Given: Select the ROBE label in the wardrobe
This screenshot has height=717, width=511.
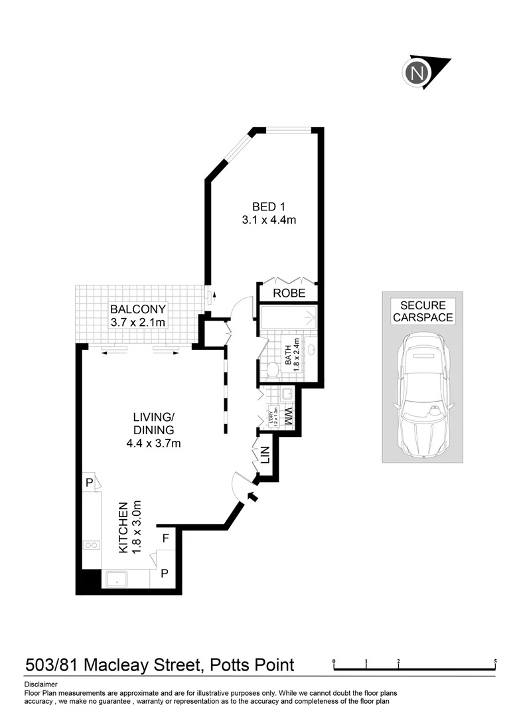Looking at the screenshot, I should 289,293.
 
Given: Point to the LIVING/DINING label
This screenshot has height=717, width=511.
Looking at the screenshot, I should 153,424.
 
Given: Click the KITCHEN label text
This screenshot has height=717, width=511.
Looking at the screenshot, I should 123,528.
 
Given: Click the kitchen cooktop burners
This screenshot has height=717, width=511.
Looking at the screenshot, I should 92,546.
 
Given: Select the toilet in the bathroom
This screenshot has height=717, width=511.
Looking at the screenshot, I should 272,369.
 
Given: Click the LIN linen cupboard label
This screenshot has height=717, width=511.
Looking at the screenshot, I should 265,456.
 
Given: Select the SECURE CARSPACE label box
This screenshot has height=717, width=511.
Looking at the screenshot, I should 423,311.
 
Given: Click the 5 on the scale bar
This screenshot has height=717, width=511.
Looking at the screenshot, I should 496,662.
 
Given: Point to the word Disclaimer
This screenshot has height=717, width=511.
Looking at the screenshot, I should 40,684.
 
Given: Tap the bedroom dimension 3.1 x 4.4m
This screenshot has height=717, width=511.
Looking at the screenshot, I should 269,220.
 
